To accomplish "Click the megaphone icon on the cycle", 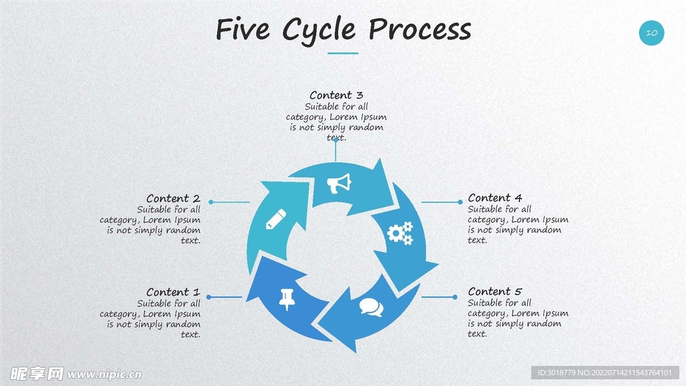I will point(339,183).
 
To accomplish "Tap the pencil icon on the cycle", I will point(276,219).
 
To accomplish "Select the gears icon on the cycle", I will point(401,233).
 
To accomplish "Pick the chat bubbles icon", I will point(370,307).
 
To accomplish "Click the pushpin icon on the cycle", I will point(288,298).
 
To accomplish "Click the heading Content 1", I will point(173,292).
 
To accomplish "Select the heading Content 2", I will point(173,198).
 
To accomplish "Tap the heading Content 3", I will point(336,95).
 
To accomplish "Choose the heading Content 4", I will point(494,198).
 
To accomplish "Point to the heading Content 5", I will point(494,292).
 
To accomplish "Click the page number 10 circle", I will point(651,32).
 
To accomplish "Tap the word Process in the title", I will point(420,30).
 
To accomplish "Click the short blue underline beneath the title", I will point(343,53).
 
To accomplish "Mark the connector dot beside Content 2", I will point(210,202).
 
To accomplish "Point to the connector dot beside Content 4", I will point(460,202).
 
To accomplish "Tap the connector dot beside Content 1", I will point(209,297).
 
